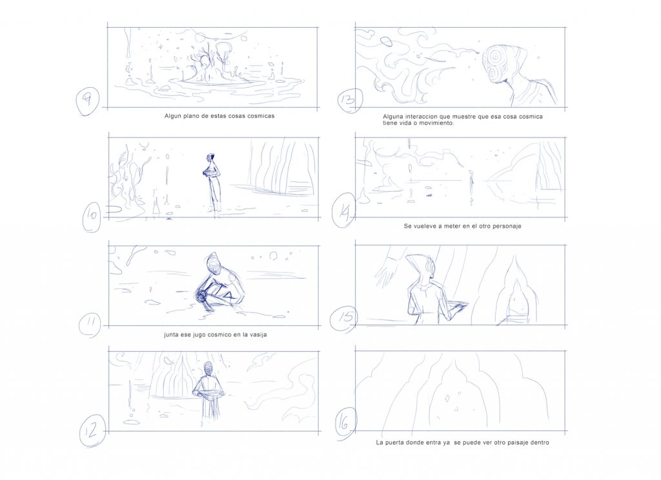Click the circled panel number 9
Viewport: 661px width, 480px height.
(x=87, y=101)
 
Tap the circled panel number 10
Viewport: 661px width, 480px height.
(x=92, y=216)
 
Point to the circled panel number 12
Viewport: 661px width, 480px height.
(x=92, y=431)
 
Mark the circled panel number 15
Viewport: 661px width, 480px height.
(x=343, y=318)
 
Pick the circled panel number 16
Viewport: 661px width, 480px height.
(x=346, y=423)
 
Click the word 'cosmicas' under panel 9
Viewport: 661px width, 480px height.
(x=261, y=116)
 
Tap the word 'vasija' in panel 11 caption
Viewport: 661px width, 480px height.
(x=257, y=335)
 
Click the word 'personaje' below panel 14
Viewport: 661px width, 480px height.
(x=506, y=226)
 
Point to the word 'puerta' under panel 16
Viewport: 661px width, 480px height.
(x=396, y=443)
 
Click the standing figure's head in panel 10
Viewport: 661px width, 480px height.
(x=210, y=159)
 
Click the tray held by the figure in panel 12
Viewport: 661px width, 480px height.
(x=208, y=393)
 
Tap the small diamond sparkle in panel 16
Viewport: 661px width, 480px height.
(x=446, y=397)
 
